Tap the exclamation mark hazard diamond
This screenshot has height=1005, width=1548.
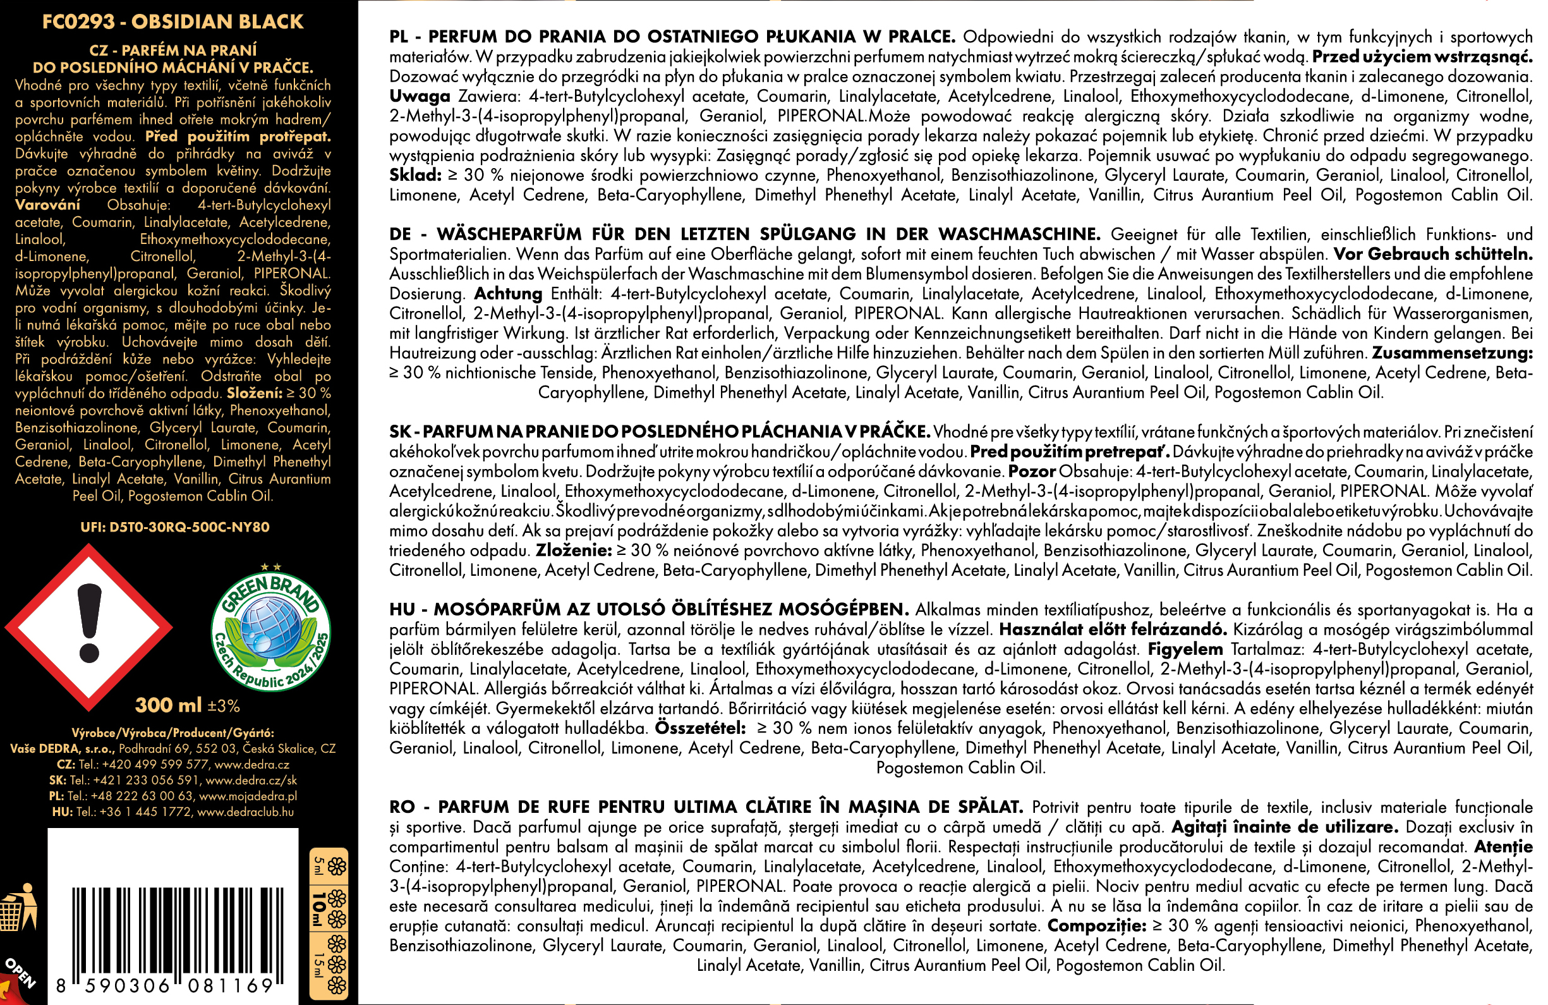(89, 627)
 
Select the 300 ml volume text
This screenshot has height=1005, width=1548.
(169, 705)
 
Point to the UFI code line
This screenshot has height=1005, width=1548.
(174, 527)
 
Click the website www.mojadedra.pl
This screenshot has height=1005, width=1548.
(248, 796)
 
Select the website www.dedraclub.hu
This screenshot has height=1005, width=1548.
(245, 812)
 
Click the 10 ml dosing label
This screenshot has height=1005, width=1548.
(319, 909)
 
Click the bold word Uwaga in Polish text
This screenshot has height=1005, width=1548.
(420, 96)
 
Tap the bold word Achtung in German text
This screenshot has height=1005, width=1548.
(508, 293)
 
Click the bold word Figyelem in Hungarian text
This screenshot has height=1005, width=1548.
(1185, 649)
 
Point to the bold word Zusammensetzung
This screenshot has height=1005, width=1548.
(1452, 353)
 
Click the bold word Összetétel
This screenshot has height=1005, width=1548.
(700, 728)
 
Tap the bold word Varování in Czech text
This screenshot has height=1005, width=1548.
(47, 205)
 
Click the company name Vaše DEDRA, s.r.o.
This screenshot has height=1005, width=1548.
(63, 749)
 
